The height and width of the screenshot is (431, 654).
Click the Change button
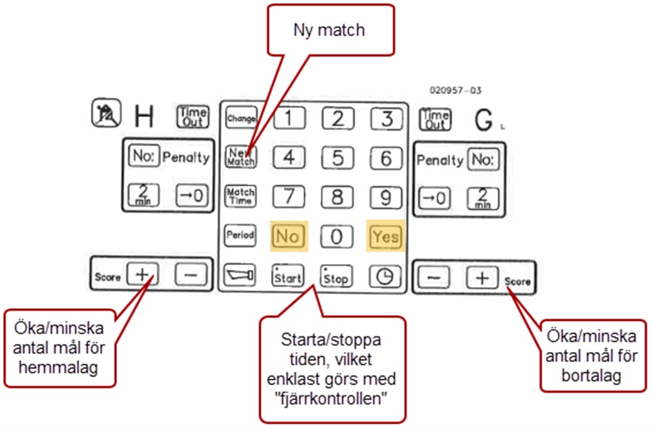pos(241,118)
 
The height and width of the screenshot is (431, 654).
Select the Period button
pos(241,236)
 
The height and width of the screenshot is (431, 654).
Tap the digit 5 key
pos(337,158)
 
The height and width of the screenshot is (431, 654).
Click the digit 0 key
pos(337,236)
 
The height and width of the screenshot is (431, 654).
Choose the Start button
pos(288,276)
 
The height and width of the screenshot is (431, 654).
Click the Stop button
pos(336,276)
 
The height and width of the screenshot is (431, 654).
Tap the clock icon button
pos(385,277)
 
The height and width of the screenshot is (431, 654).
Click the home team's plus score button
pos(142,275)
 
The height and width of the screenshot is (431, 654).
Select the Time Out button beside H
pos(192,116)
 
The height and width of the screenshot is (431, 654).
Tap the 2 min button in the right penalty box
pos(483,198)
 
